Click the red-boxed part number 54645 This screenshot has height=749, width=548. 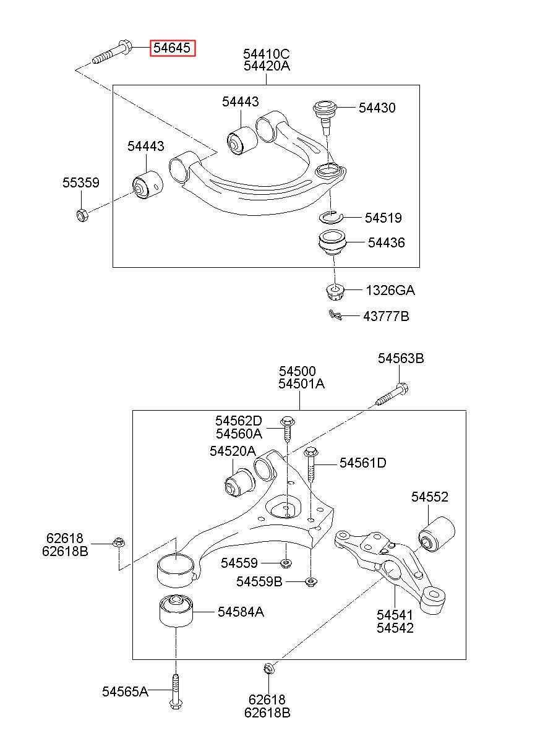172,48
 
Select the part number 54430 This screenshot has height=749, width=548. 377,108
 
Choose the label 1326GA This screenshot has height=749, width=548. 390,290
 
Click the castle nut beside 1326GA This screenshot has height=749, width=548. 335,291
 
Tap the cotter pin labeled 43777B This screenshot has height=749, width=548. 335,315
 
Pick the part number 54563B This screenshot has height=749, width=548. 401,359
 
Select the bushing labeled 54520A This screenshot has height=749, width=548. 239,484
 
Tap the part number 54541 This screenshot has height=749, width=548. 395,615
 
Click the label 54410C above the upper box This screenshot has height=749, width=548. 266,53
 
